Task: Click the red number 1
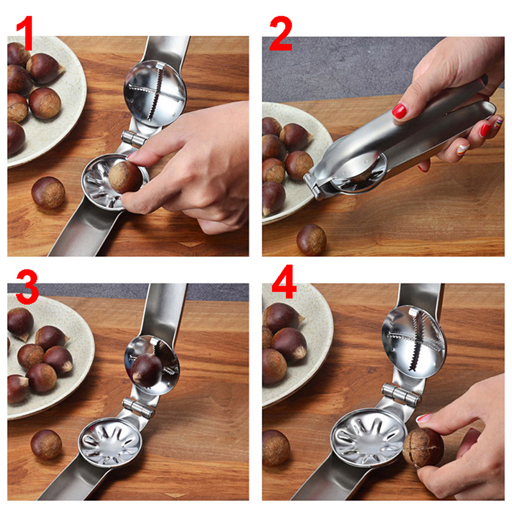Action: point(25,33)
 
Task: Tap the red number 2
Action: point(281,34)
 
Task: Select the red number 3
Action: point(27,287)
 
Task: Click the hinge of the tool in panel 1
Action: point(134,138)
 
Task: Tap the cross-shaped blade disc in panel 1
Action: point(155,93)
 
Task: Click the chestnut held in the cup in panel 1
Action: point(125,177)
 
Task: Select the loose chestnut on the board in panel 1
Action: point(49,193)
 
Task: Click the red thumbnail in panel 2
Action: point(399,111)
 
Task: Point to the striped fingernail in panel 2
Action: point(463,150)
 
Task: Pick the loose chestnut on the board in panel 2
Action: point(311,240)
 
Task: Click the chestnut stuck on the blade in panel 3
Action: point(147,371)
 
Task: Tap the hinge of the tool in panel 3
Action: point(138,408)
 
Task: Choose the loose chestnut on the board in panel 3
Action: point(46,445)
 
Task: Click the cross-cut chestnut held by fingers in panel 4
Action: point(423,447)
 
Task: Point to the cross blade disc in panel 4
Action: point(413,342)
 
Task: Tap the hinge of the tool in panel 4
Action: point(401,395)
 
